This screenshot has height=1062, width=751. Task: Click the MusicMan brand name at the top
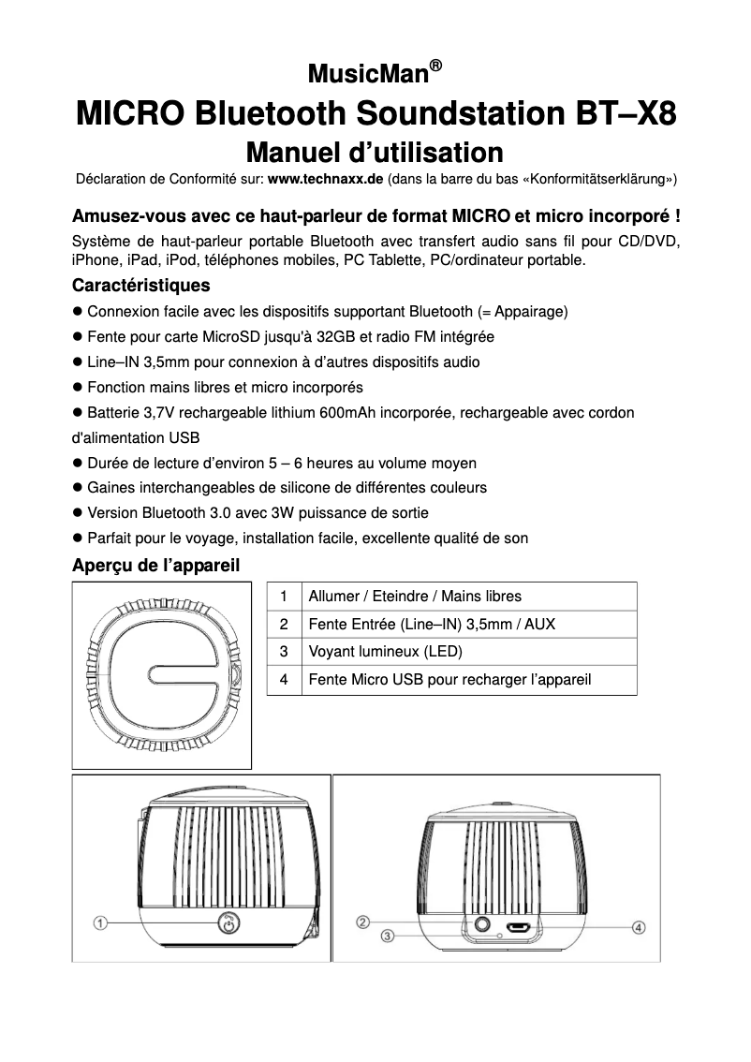[367, 74]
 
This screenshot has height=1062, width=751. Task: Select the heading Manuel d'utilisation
[375, 152]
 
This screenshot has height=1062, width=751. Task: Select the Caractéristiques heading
[140, 285]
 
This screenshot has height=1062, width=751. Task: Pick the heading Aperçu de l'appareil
[155, 566]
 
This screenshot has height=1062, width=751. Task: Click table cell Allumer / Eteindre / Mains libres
[415, 596]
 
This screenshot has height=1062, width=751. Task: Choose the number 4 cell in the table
[283, 679]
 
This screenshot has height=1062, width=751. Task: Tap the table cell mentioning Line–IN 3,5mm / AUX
[431, 624]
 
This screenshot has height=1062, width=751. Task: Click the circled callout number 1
[99, 924]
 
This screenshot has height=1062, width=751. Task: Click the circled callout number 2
[363, 922]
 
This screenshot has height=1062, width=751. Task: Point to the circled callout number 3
[387, 936]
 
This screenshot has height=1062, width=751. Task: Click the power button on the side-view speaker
[227, 924]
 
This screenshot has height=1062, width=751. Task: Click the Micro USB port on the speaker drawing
[520, 928]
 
